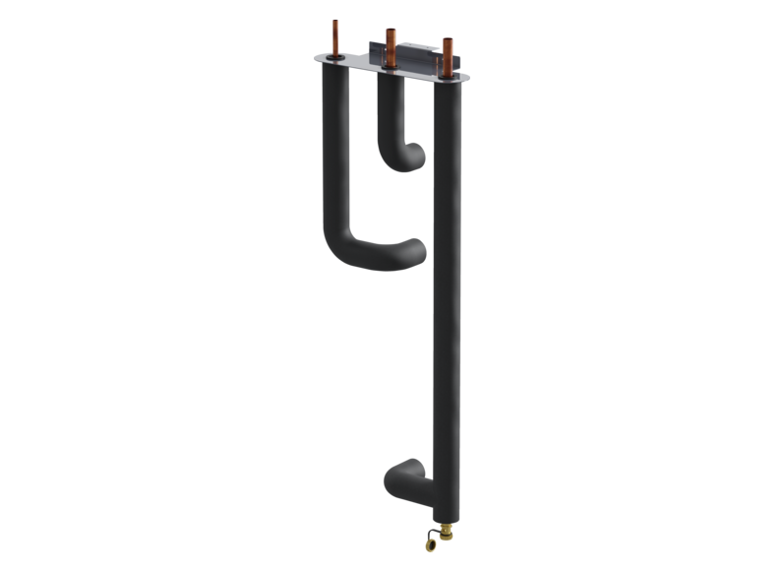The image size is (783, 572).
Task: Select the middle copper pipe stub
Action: [391, 43]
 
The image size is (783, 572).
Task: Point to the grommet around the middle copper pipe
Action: [391, 69]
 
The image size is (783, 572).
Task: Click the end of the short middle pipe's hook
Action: [417, 154]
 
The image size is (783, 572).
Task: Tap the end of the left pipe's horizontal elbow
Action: [414, 252]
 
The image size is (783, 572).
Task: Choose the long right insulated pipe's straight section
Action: [446, 295]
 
